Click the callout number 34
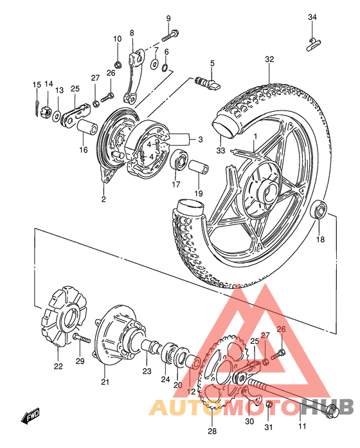click(x=312, y=17)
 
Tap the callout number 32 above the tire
click(x=269, y=59)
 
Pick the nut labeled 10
click(x=118, y=64)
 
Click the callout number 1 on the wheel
click(x=255, y=136)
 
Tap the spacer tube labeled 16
click(x=87, y=126)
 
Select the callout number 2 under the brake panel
click(x=103, y=199)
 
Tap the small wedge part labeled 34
click(x=313, y=43)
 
